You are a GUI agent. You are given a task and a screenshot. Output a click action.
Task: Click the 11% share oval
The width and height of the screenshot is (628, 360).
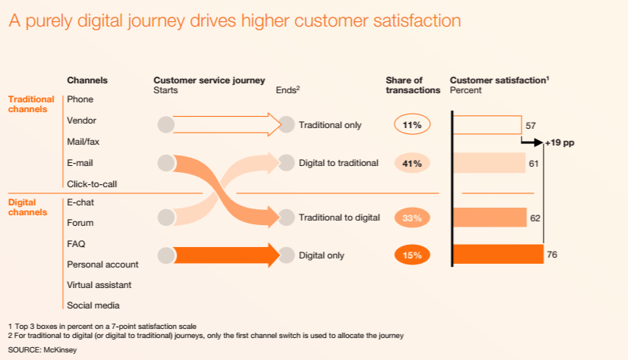(413, 125)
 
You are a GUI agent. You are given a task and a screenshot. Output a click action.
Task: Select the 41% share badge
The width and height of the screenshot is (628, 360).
(413, 163)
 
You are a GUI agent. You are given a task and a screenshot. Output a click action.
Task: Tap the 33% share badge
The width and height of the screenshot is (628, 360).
(413, 218)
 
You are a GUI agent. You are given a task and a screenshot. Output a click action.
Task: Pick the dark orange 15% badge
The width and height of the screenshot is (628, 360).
(413, 255)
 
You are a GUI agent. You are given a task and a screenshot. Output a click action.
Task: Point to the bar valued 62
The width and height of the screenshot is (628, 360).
(490, 218)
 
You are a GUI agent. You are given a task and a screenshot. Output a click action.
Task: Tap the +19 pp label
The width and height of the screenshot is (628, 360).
(560, 142)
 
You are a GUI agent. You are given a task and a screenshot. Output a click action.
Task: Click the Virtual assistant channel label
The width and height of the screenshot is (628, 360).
(99, 285)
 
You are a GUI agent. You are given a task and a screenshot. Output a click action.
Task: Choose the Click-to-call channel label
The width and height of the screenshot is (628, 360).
(92, 183)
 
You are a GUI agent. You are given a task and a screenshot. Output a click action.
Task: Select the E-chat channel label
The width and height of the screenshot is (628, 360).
(80, 202)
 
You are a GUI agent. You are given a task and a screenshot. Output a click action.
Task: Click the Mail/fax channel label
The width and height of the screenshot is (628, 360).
(83, 142)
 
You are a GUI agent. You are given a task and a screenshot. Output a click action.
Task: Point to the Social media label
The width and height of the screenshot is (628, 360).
(93, 305)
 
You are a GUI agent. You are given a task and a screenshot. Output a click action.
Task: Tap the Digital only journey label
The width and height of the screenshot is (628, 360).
(322, 255)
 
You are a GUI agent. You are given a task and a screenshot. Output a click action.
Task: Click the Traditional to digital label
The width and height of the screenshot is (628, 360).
(339, 218)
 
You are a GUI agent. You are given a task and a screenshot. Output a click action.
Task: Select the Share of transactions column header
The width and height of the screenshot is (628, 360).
(413, 85)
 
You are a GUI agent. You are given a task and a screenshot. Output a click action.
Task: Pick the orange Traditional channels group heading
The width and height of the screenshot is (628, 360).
(31, 104)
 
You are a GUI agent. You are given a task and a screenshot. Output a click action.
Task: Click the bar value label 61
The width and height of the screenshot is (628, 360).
(533, 163)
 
